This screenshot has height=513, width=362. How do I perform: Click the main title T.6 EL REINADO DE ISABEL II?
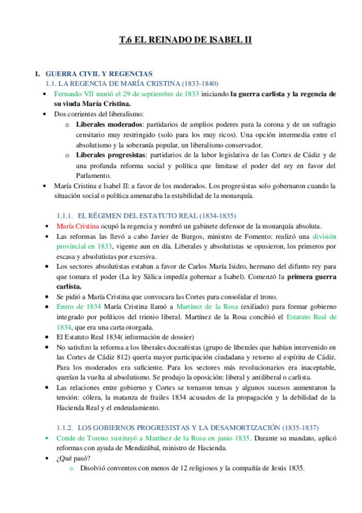point(184,41)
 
